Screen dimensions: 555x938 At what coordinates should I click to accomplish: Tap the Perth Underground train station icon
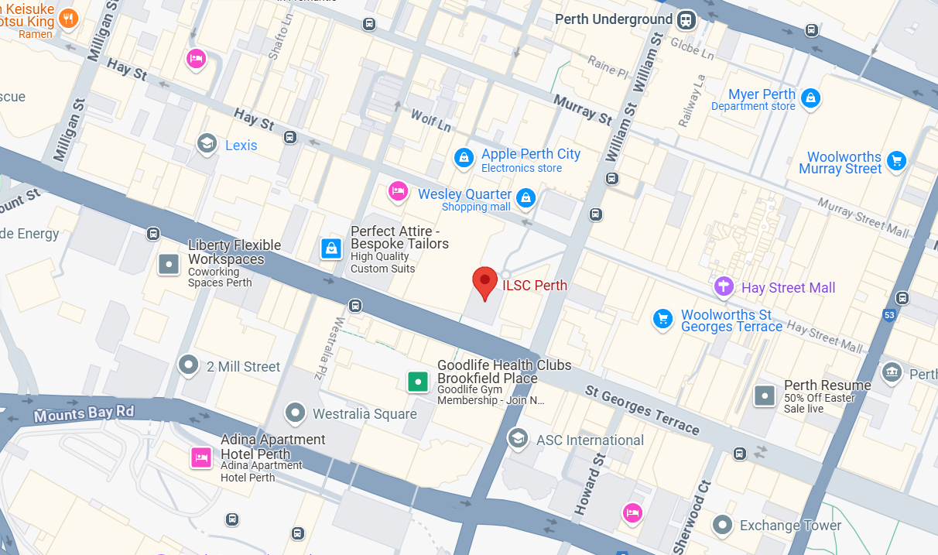pyautogui.click(x=686, y=20)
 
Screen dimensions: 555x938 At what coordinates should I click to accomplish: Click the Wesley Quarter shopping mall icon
pyautogui.click(x=526, y=198)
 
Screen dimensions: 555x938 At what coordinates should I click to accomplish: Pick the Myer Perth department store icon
pyautogui.click(x=810, y=98)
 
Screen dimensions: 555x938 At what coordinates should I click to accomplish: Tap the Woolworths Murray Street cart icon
pyautogui.click(x=897, y=160)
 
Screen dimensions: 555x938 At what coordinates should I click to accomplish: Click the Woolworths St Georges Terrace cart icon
pyautogui.click(x=662, y=319)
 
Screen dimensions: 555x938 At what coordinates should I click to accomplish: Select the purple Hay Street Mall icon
pyautogui.click(x=724, y=286)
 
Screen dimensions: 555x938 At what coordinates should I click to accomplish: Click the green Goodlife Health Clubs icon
pyautogui.click(x=418, y=381)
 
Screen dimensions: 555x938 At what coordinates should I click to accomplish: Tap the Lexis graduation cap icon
pyautogui.click(x=207, y=144)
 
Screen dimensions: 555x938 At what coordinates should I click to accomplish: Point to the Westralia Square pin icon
pyautogui.click(x=295, y=413)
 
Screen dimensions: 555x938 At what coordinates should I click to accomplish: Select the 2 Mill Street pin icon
pyautogui.click(x=188, y=365)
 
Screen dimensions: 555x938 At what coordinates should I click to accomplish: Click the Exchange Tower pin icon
pyautogui.click(x=722, y=524)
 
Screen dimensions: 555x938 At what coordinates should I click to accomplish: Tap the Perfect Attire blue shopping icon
pyautogui.click(x=331, y=248)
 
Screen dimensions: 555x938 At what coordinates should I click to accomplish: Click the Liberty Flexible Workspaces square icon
pyautogui.click(x=169, y=265)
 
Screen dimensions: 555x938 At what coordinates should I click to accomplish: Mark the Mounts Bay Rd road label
pyautogui.click(x=84, y=413)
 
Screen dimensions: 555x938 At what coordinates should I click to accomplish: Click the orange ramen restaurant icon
pyautogui.click(x=69, y=19)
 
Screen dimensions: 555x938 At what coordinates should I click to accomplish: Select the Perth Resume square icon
pyautogui.click(x=765, y=396)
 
